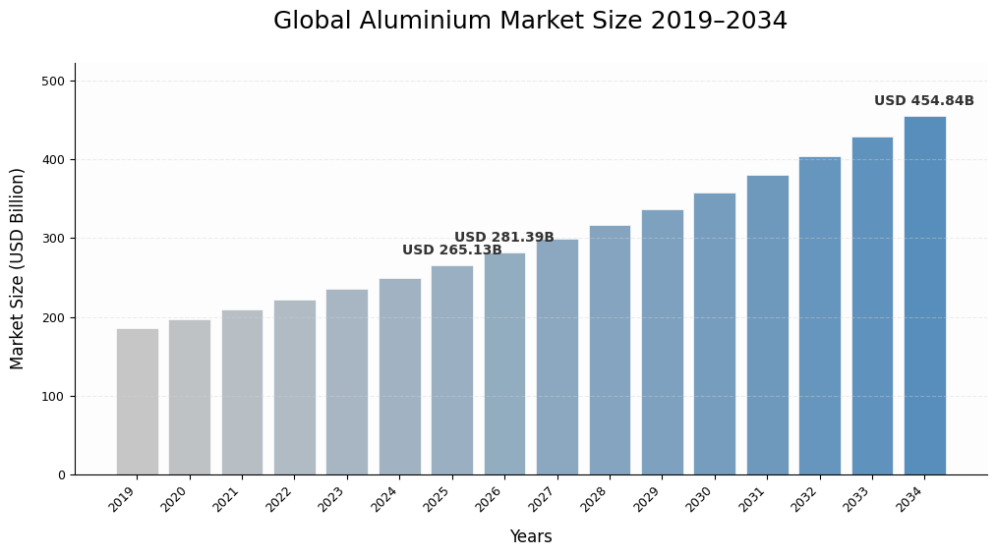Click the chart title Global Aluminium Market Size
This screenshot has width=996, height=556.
click(530, 22)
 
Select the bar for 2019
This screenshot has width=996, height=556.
click(137, 402)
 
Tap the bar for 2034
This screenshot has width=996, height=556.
click(924, 296)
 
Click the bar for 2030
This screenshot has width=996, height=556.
click(714, 334)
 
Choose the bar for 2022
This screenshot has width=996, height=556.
click(294, 387)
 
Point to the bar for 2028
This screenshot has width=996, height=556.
click(610, 350)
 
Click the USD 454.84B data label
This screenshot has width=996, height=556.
click(923, 101)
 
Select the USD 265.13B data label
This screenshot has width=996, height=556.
click(451, 250)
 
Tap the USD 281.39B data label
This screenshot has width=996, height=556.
click(503, 238)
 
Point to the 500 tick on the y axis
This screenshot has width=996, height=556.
click(53, 82)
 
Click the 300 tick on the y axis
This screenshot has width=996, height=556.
click(53, 239)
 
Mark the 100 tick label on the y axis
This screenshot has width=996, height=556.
click(53, 397)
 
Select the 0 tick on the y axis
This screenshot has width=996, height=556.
click(61, 475)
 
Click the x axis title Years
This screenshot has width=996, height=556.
click(530, 537)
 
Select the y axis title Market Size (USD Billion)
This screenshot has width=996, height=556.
click(18, 268)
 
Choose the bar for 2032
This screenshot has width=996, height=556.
click(819, 315)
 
